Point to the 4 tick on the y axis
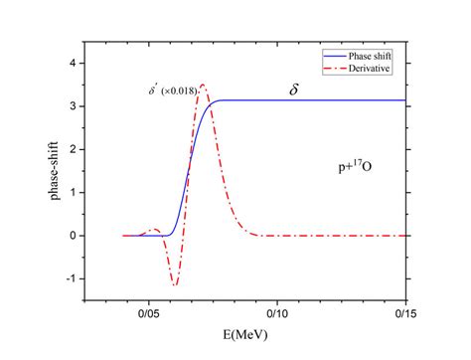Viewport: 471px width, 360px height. (70, 62)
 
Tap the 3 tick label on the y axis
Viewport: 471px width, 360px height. (70, 105)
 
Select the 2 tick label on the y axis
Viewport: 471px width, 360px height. (70, 148)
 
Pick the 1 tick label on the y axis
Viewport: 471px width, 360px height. (70, 192)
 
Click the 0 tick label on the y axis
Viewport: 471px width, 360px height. (70, 236)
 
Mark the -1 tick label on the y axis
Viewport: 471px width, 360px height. (68, 278)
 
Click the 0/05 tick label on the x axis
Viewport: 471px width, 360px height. (150, 310)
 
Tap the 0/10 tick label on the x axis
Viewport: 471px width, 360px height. (279, 310)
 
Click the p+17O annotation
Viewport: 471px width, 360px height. (356, 170)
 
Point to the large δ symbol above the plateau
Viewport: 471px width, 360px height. (294, 89)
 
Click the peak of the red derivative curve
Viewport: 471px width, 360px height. (203, 85)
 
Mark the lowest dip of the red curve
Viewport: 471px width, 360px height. (176, 284)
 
